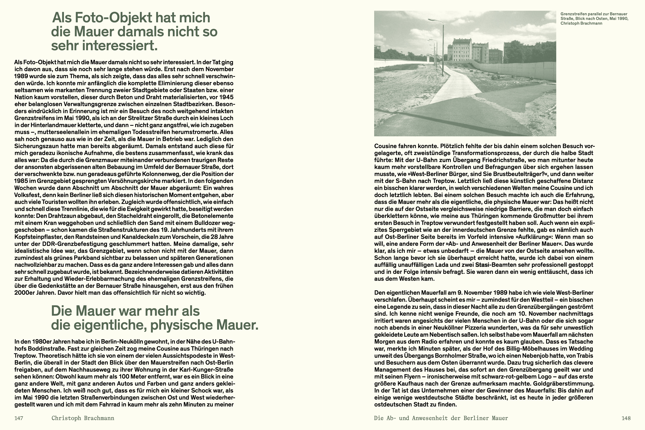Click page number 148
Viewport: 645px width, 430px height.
point(626,418)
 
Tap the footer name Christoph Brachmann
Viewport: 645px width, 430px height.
point(83,418)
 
